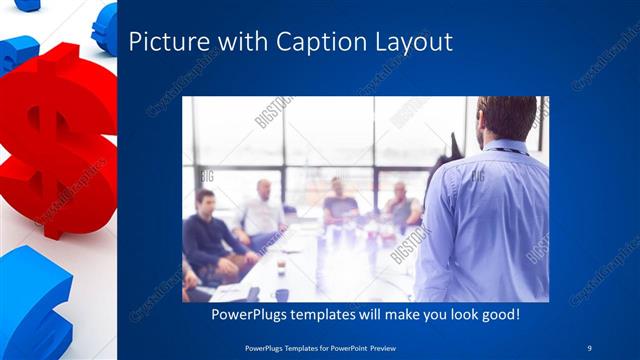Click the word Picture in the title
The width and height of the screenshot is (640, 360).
click(x=165, y=42)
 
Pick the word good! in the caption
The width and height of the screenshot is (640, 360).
click(x=497, y=315)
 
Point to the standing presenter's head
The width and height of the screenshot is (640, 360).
click(x=507, y=118)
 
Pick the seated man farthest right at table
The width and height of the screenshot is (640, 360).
click(x=402, y=207)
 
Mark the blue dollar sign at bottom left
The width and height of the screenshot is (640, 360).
click(x=35, y=300)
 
